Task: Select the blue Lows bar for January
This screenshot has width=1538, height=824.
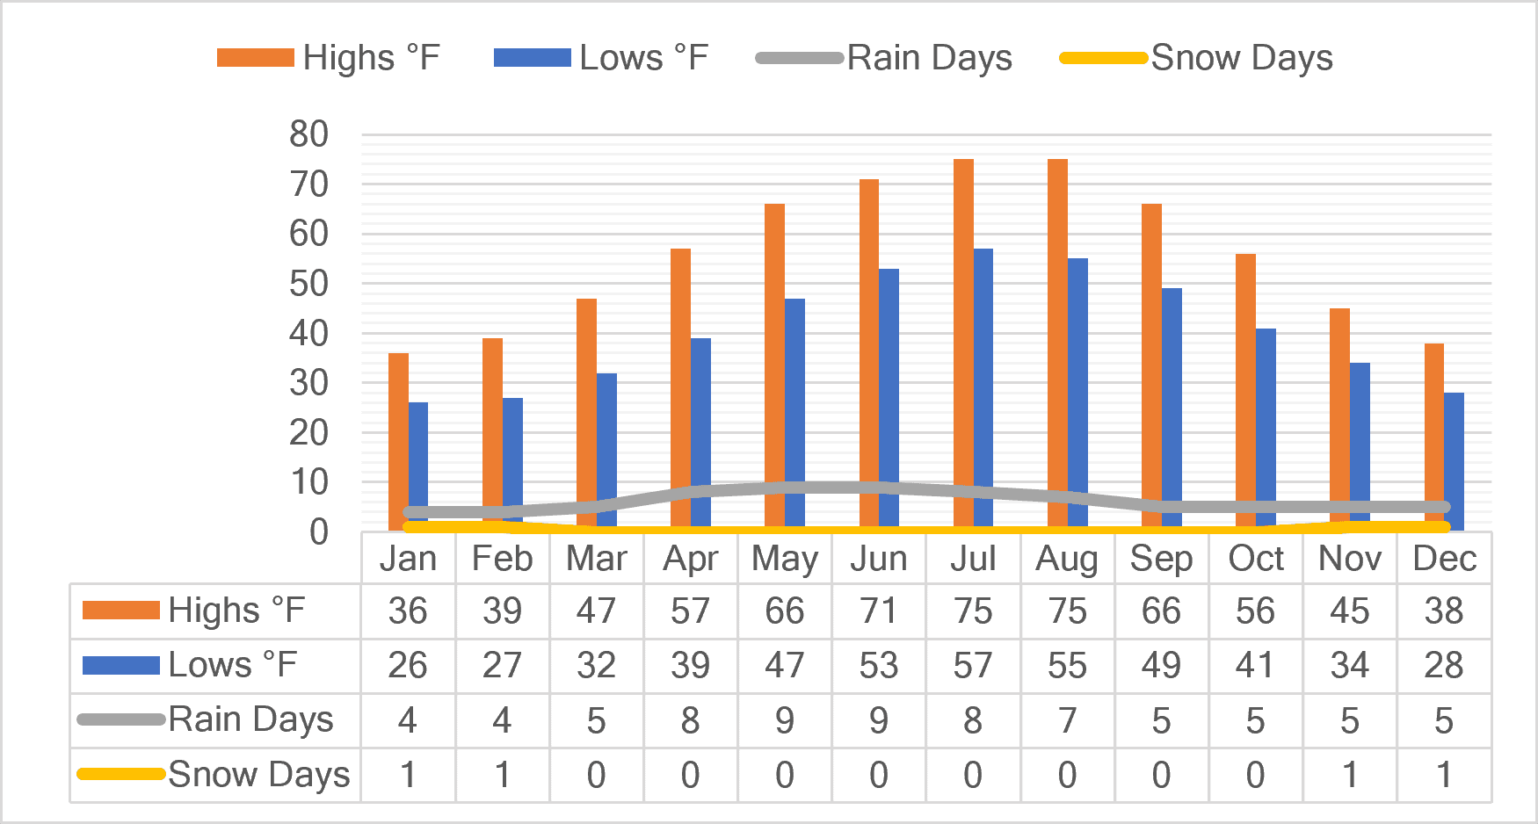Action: coord(418,466)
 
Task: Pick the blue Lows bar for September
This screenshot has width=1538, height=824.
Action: coord(1172,408)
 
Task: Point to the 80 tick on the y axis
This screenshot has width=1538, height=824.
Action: coord(308,134)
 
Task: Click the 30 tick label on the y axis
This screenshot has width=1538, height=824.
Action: coord(308,383)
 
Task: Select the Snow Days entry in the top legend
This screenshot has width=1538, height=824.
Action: coord(1196,58)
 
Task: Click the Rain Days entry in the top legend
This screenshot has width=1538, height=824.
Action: coord(884,58)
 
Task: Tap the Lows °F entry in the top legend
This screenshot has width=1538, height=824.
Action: coord(601,58)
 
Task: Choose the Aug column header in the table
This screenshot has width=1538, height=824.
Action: coord(1067,559)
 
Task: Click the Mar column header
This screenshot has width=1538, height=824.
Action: coord(596,559)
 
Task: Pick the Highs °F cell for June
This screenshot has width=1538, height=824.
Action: coord(879,611)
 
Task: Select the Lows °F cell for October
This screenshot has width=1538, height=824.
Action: coord(1255,666)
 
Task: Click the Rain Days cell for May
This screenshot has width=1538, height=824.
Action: coord(784,721)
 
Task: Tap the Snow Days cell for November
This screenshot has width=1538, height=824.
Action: coord(1350,776)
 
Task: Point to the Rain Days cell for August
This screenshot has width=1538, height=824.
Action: coord(1067,721)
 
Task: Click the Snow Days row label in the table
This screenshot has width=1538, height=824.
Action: coord(214,775)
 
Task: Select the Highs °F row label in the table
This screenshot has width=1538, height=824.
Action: coord(193,611)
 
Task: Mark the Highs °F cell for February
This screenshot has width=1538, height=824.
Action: coord(502,611)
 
